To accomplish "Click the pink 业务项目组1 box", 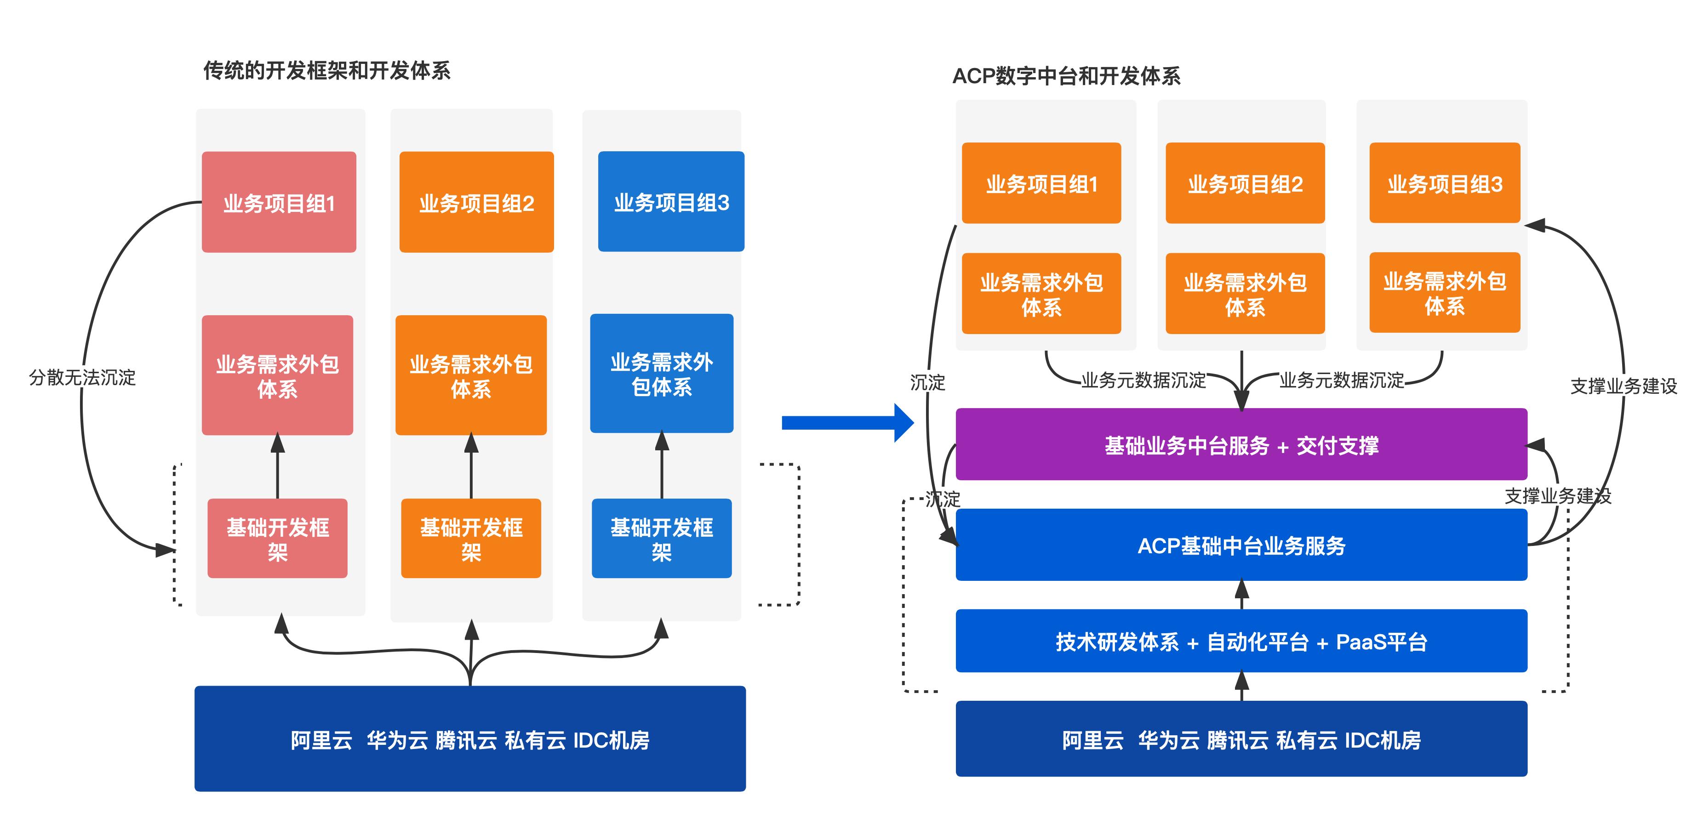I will [x=279, y=202].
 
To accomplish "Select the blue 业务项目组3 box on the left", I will [x=671, y=202].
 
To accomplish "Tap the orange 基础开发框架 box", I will [x=471, y=538].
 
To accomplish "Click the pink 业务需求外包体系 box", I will [x=278, y=375].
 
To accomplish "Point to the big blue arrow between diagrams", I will [x=846, y=422].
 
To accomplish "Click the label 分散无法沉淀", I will [x=82, y=378].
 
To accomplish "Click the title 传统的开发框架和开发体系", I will [x=326, y=70].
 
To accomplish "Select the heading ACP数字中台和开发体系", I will [x=1066, y=76].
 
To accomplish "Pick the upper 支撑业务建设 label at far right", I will [x=1624, y=386].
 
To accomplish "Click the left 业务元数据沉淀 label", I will [x=1143, y=380].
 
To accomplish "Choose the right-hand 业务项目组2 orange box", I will [x=1245, y=184].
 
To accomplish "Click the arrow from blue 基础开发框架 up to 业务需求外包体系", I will [x=662, y=465].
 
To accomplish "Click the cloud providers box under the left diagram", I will [x=470, y=738].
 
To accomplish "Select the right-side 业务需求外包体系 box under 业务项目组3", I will [x=1444, y=293].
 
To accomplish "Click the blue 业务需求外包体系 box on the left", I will [x=661, y=374].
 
